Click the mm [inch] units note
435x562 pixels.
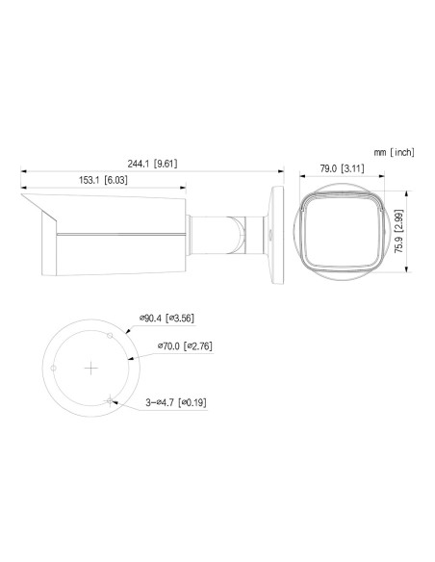[395, 152]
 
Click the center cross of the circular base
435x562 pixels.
[90, 368]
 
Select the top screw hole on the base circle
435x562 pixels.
[112, 335]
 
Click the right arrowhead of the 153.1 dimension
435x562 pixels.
[189, 188]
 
